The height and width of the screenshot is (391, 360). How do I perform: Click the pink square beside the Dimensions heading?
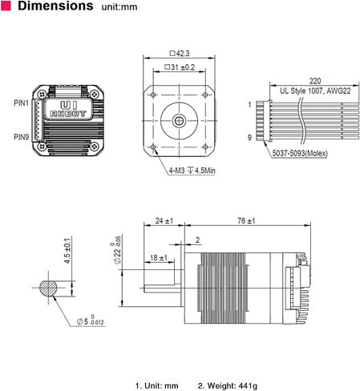[6, 6]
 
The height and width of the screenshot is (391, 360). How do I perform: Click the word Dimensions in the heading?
[55, 6]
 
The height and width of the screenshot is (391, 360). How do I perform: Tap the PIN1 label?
[21, 103]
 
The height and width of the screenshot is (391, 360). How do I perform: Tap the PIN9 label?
[21, 137]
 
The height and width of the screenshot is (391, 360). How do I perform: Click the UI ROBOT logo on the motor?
[68, 109]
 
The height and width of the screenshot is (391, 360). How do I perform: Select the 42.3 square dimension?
[180, 54]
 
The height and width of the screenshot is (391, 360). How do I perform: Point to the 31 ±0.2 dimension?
[180, 67]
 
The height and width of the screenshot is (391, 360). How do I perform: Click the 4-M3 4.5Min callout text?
[192, 170]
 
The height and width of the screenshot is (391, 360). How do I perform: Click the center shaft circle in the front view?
[179, 121]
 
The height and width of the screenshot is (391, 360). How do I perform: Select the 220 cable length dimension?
[315, 81]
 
